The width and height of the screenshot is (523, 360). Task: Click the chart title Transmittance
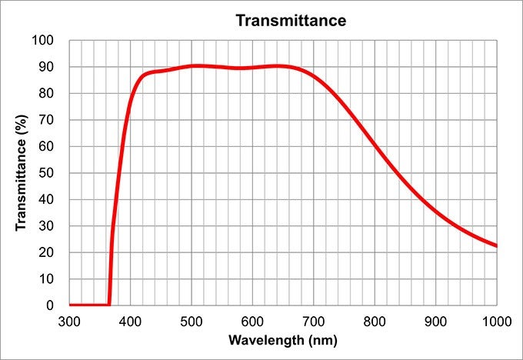[x=291, y=20]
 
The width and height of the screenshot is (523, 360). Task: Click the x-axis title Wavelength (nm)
[x=282, y=339]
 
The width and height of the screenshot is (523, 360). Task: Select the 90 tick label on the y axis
[x=48, y=67]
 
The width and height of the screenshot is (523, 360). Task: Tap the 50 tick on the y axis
[x=48, y=173]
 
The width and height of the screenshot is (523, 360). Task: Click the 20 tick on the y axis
[x=48, y=252]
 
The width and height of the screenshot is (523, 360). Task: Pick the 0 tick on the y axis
[x=51, y=305]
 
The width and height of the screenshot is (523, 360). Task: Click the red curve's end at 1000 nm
[x=496, y=245]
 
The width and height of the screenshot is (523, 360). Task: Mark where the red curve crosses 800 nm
[x=375, y=147]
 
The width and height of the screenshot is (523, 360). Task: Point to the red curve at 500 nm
[x=192, y=66]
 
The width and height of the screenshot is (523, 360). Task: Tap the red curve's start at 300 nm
[x=70, y=305]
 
